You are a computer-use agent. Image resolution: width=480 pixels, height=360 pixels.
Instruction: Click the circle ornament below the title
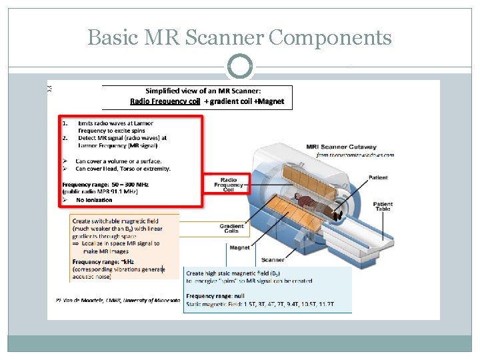coord(239,67)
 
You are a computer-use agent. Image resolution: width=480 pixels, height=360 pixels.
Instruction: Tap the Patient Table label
coord(383,208)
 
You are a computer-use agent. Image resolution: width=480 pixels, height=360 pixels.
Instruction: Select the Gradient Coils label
coord(231,228)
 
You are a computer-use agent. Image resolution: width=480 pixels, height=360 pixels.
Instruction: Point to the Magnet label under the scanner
coord(239,247)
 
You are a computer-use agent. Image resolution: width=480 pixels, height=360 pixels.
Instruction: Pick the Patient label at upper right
coord(378,177)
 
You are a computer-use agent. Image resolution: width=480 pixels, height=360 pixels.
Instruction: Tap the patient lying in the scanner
coord(313,204)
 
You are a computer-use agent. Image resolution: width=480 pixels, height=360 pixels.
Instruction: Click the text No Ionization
coord(94,200)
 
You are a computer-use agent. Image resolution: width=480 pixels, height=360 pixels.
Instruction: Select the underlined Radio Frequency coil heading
coord(165,101)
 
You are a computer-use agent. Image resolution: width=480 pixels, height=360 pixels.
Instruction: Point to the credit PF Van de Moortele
coord(118,300)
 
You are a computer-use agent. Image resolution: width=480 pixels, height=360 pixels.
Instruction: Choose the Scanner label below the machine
coord(273,259)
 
